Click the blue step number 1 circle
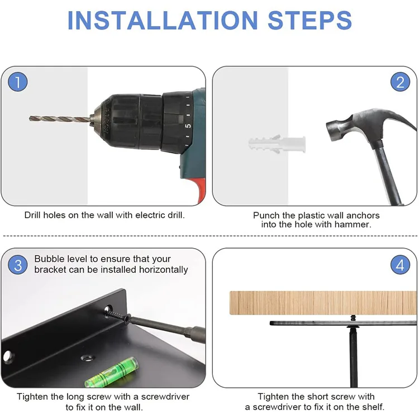pyautogui.click(x=18, y=82)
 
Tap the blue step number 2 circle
pyautogui.click(x=400, y=82)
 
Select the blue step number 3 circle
pyautogui.click(x=18, y=265)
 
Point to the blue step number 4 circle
pyautogui.click(x=400, y=265)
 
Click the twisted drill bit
pyautogui.click(x=60, y=119)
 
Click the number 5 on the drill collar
pyautogui.click(x=188, y=126)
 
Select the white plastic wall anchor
pyautogui.click(x=277, y=144)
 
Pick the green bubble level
pyautogui.click(x=112, y=372)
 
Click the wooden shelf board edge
pyautogui.click(x=323, y=303)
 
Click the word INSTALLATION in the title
pyautogui.click(x=163, y=21)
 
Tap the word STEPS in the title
pyautogui.click(x=310, y=21)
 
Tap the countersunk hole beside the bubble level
pyautogui.click(x=88, y=358)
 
